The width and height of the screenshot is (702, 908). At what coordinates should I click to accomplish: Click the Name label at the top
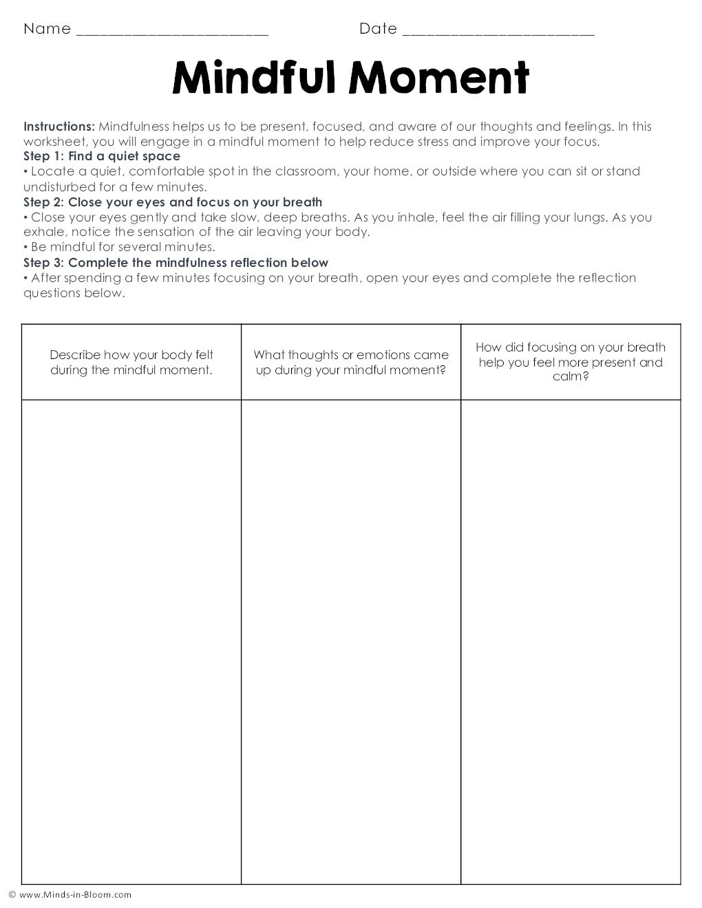(x=47, y=29)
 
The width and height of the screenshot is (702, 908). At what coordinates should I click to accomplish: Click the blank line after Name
(x=172, y=32)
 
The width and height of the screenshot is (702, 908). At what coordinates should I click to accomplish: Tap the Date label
(x=378, y=29)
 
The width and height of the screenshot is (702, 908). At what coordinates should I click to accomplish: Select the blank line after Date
(x=498, y=32)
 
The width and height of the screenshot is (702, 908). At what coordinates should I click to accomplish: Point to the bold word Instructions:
(x=59, y=127)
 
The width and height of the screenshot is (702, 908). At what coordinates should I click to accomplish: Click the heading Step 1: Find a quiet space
(x=102, y=156)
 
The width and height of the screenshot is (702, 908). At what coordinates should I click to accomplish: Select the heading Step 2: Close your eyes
(x=173, y=202)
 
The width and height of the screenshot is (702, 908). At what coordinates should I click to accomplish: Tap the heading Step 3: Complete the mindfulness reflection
(x=175, y=263)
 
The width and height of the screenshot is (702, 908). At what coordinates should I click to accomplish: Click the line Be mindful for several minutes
(x=123, y=247)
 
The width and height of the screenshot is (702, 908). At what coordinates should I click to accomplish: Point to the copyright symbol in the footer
(x=12, y=895)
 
